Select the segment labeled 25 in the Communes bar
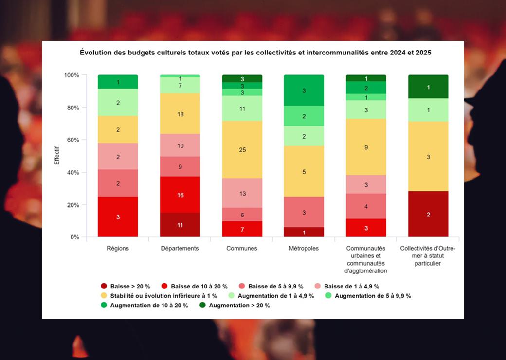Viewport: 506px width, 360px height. [x=242, y=149]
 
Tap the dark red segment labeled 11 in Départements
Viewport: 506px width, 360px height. [x=180, y=225]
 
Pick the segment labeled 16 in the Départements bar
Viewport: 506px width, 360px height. [x=180, y=195]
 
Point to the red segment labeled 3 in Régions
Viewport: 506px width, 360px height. [x=117, y=216]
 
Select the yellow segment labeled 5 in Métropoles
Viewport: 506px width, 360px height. [x=304, y=171]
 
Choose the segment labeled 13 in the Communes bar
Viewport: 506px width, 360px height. [x=242, y=193]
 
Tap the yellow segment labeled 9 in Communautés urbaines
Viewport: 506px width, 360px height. [x=366, y=147]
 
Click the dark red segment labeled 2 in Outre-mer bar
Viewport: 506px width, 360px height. [x=428, y=214]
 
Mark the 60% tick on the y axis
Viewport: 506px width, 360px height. [x=72, y=140]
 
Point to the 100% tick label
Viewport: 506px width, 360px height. [x=71, y=75]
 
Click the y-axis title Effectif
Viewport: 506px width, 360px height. [x=57, y=156]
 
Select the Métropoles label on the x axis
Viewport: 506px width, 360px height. [x=304, y=248]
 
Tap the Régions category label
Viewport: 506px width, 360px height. [x=117, y=248]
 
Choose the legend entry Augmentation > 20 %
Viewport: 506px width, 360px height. [x=238, y=306]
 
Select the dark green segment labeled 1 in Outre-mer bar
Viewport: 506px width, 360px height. [x=428, y=87]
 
